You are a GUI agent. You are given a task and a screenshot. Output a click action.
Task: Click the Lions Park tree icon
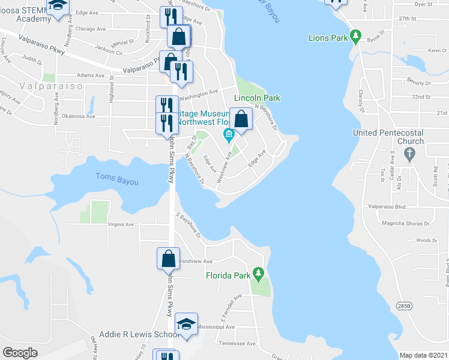355,37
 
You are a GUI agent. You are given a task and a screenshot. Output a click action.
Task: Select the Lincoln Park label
257,98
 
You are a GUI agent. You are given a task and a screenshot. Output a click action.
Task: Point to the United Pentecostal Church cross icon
409,154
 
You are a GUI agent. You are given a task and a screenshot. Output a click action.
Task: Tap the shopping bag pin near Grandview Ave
168,259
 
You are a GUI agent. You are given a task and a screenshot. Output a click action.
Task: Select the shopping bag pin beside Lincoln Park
241,119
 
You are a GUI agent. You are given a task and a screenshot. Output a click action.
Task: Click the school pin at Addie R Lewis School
187,325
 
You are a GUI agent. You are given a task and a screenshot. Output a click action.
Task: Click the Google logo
20,353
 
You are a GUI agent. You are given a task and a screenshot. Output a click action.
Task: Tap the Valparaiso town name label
41,86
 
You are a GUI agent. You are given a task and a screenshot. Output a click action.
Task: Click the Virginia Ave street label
121,224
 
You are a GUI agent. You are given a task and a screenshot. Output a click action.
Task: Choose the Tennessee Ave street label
237,344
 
